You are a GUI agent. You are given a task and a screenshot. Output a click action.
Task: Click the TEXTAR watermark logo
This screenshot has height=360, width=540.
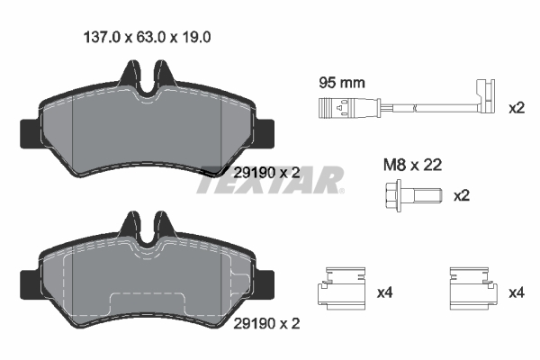click(x=270, y=180)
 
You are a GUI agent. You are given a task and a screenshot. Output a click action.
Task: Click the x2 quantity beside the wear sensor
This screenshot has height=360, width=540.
click(x=516, y=109)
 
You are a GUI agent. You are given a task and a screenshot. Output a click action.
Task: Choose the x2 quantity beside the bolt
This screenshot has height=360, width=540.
click(x=462, y=195)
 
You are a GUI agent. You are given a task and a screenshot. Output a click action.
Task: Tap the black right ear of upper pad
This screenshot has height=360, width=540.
click(x=266, y=132)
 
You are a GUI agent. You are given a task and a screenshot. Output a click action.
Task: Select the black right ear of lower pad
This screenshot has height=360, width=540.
click(x=266, y=280)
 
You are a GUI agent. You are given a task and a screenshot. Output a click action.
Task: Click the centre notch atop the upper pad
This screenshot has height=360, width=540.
click(x=147, y=80)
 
